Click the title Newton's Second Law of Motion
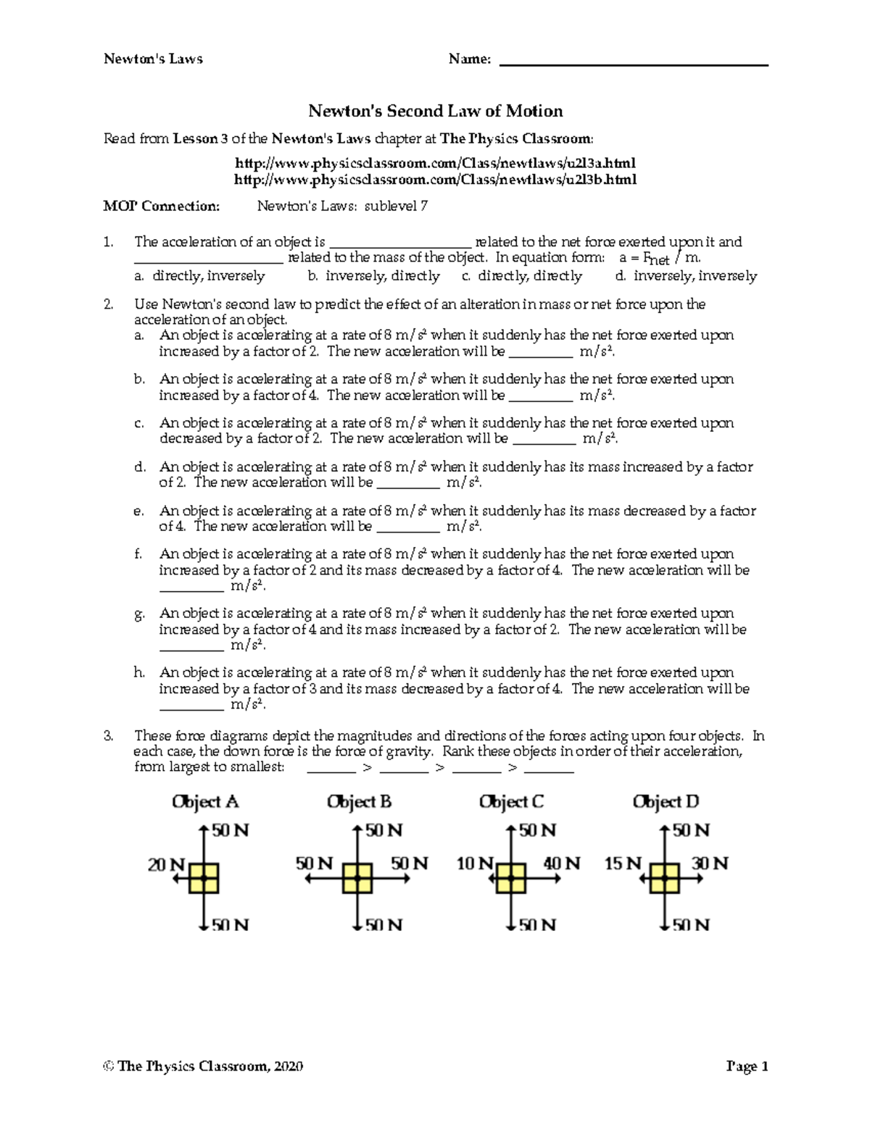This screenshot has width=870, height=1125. click(x=435, y=111)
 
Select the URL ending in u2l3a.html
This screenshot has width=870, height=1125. click(x=435, y=163)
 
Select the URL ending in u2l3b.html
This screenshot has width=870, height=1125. click(x=435, y=179)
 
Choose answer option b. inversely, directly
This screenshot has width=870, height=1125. click(x=373, y=276)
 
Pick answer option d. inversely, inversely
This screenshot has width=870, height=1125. click(x=686, y=276)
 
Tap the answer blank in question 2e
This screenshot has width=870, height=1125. click(x=408, y=530)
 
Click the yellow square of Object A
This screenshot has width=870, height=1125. click(x=204, y=878)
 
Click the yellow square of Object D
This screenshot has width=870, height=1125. click(x=664, y=878)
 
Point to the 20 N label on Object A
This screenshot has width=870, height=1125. click(x=166, y=864)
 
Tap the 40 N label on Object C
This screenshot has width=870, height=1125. click(x=562, y=863)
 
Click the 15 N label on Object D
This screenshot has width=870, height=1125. click(x=623, y=863)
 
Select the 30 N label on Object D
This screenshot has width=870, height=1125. click(x=710, y=863)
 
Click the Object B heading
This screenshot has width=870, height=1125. click(x=359, y=802)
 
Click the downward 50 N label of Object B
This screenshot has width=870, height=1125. click(x=384, y=925)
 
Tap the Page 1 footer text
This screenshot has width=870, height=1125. click(x=747, y=1066)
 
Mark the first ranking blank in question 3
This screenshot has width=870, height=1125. click(x=331, y=770)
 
